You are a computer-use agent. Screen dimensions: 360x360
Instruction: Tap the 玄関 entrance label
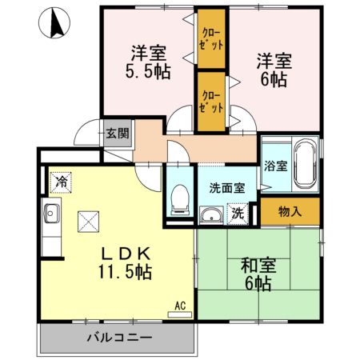point(117,134)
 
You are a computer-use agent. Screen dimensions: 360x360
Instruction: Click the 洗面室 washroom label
point(227,190)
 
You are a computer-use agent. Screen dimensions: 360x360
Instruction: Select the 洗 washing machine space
point(238,214)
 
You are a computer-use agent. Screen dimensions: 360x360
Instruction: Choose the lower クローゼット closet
point(212,100)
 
